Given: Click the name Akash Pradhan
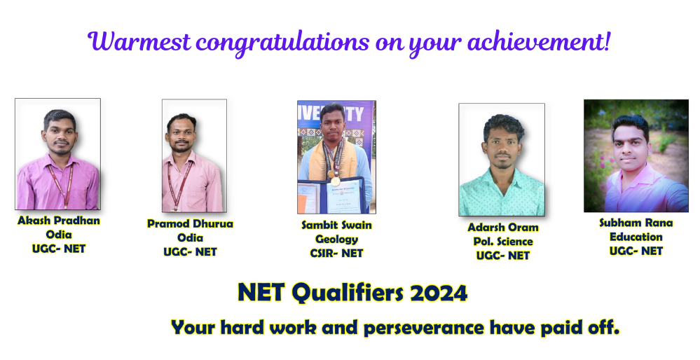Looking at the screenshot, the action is [58, 221].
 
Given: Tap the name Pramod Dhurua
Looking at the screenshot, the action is [190, 223].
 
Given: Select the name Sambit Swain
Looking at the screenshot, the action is [336, 225].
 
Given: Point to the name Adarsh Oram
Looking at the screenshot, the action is [502, 227].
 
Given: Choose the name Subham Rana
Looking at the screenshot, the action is [636, 223].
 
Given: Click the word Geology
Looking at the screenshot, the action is [336, 240].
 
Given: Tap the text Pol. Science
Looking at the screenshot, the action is [503, 242].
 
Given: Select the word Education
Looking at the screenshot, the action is [636, 237].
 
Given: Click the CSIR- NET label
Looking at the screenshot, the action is [336, 254].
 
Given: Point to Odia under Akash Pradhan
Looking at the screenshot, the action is [58, 235].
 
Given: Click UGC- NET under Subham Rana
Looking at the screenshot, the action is [636, 251].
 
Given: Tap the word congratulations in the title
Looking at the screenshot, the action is [282, 43].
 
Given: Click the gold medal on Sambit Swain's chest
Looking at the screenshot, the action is [335, 181].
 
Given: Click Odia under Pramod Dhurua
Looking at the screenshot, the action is [190, 237].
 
